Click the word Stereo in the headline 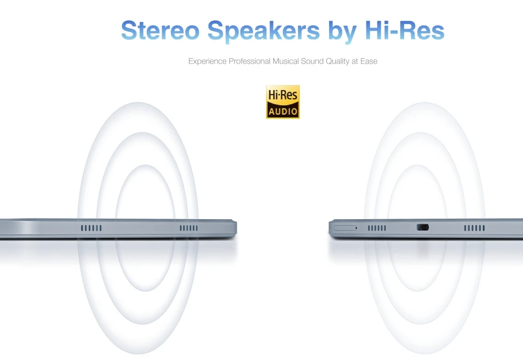point(160,30)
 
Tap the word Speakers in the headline point(263,32)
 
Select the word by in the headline point(343,32)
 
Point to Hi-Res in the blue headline point(405,30)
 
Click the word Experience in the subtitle point(208,61)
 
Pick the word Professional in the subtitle point(250,61)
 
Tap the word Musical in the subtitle point(286,61)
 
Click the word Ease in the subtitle point(369,61)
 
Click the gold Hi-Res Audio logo point(283,102)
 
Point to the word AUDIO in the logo point(283,111)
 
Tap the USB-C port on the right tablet point(423,227)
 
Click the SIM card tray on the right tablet point(346,228)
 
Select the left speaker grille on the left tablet point(91,228)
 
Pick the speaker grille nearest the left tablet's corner point(189,228)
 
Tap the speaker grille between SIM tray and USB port point(377,228)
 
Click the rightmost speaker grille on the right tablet point(474,228)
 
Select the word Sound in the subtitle point(312,61)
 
